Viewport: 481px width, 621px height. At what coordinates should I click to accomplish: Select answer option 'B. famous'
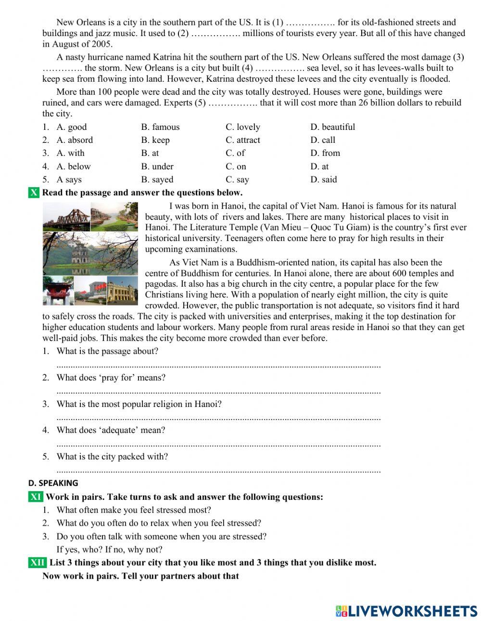[x=160, y=127]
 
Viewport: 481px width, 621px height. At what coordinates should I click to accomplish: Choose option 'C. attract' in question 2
[x=242, y=140]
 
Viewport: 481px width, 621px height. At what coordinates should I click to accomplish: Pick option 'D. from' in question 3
[x=325, y=153]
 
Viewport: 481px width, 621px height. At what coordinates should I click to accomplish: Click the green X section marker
[x=34, y=193]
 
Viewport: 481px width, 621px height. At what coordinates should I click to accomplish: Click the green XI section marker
[x=36, y=497]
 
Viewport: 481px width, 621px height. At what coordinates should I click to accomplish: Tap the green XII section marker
[x=38, y=563]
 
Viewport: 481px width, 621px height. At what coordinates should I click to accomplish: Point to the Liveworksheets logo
[x=406, y=611]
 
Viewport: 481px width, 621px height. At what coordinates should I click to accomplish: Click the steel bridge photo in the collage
[x=66, y=216]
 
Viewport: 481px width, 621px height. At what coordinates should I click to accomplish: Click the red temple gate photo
[x=58, y=291]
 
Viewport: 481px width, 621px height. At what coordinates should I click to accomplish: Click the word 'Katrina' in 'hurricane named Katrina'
[x=167, y=57]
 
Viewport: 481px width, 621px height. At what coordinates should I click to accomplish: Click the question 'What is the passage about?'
[x=107, y=351]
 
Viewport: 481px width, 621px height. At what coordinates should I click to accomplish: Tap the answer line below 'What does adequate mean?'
[x=218, y=444]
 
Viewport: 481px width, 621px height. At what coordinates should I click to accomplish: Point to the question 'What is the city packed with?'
[x=112, y=456]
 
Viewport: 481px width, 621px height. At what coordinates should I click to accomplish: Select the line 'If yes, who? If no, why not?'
[x=109, y=549]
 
